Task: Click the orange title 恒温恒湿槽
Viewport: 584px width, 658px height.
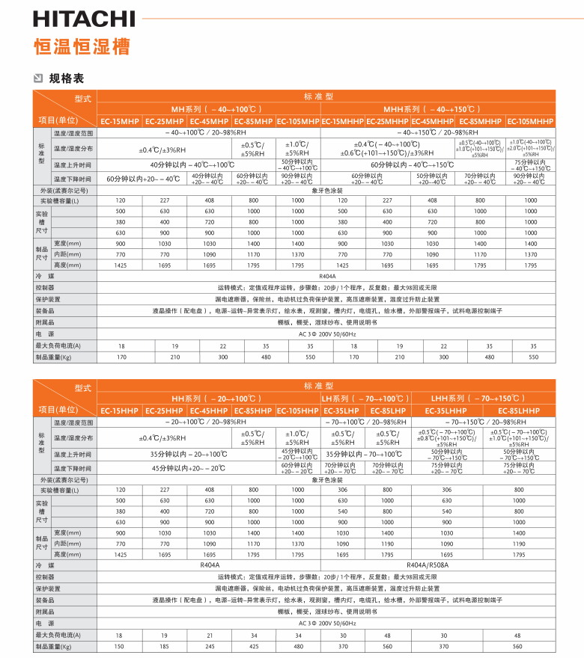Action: pos(82,46)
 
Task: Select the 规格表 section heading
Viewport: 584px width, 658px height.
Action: pos(67,78)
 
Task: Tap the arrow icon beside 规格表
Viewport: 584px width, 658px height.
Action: pos(39,78)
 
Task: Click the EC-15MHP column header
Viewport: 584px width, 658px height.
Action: pos(120,122)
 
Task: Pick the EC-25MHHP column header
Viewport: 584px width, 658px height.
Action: pos(387,122)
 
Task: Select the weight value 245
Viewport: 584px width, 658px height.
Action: pos(209,646)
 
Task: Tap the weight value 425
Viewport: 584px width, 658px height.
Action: pos(254,646)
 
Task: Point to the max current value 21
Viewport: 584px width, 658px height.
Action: pos(209,635)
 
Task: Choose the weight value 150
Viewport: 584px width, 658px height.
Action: pos(120,646)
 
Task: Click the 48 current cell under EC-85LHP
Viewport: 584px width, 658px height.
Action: pos(387,635)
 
